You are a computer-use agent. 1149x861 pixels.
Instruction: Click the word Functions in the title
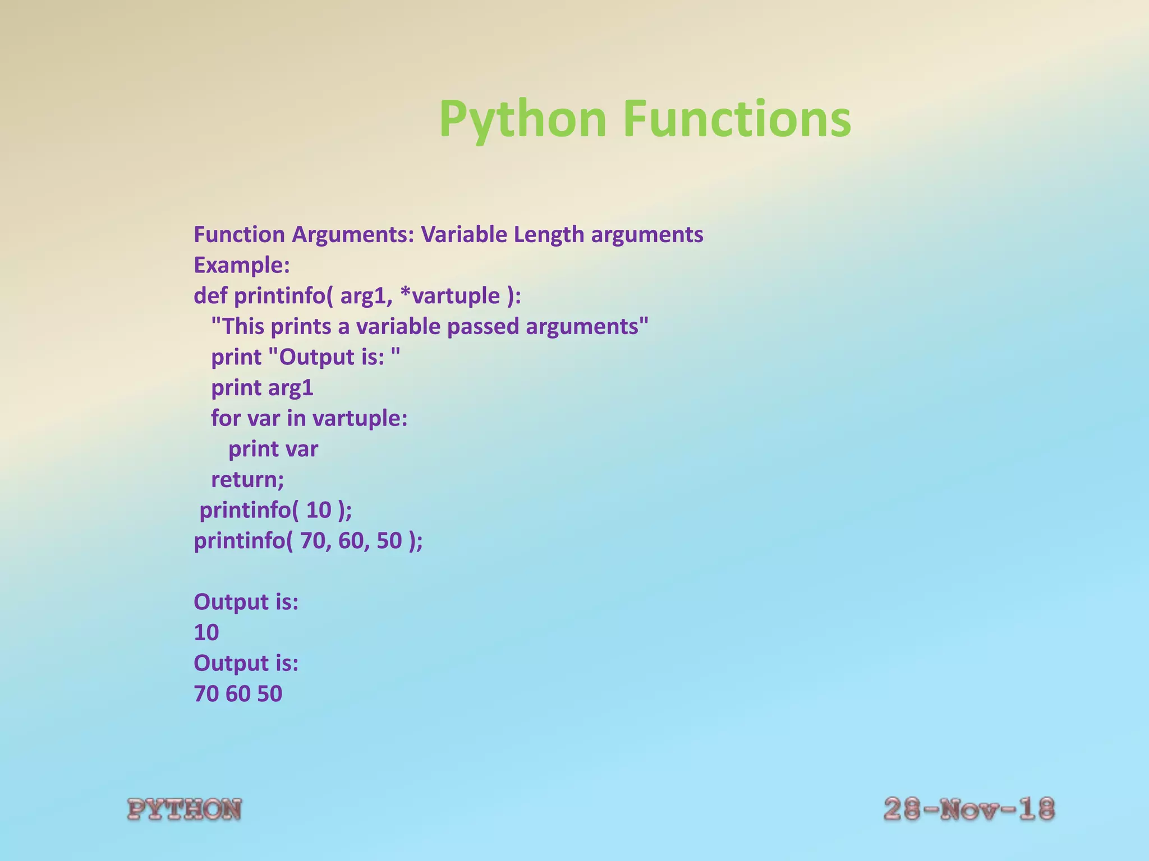(x=737, y=119)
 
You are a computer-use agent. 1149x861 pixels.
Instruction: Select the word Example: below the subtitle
(x=242, y=265)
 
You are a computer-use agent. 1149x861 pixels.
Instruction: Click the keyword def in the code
(x=211, y=295)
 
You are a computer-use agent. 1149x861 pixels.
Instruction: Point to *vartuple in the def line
(x=450, y=295)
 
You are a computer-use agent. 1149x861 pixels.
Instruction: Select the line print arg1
(x=262, y=388)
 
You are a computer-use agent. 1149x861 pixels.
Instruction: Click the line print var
(x=273, y=449)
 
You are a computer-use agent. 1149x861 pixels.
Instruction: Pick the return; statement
(x=247, y=480)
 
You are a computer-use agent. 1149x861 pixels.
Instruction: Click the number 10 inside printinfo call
(x=319, y=510)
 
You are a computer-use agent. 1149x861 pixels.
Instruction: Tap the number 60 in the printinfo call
(x=351, y=541)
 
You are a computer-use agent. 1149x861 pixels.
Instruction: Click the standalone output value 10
(x=206, y=633)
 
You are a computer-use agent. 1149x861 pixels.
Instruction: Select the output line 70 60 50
(x=238, y=694)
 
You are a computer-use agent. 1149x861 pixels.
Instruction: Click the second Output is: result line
(x=246, y=664)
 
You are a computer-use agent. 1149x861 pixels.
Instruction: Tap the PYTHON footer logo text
(x=185, y=810)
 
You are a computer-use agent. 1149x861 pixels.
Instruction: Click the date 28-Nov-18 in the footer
(x=969, y=810)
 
